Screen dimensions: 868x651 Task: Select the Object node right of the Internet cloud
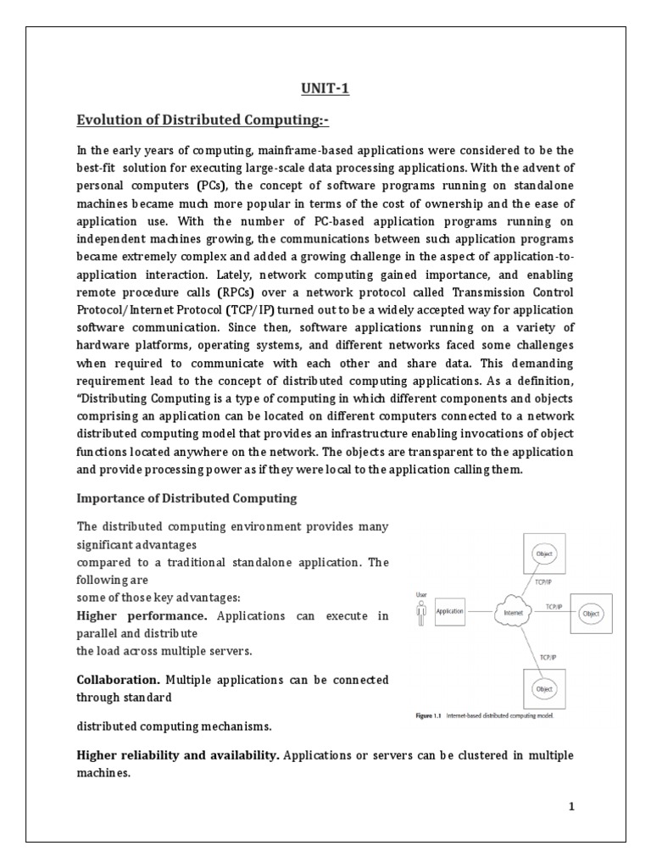[x=591, y=613]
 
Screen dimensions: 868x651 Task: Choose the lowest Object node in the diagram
[x=543, y=688]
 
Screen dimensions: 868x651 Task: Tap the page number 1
[x=571, y=806]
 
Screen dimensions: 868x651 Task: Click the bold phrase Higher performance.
[x=142, y=616]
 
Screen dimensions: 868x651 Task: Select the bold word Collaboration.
[x=118, y=680]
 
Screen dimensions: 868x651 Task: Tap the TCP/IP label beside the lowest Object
[x=548, y=655]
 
